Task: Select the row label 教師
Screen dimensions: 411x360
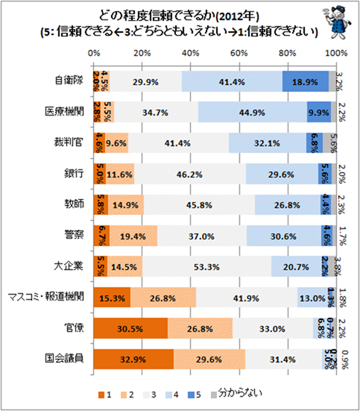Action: point(74,204)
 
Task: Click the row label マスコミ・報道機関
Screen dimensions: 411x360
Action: point(47,298)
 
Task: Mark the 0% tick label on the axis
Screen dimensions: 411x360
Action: point(93,54)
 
